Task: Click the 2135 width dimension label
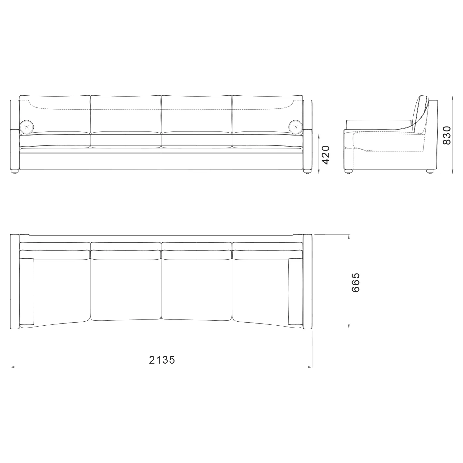162,360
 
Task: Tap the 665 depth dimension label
355,282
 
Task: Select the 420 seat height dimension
326,155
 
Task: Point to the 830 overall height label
447,135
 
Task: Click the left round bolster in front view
26,127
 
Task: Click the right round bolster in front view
296,127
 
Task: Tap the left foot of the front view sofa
15,172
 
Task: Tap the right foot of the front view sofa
307,172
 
